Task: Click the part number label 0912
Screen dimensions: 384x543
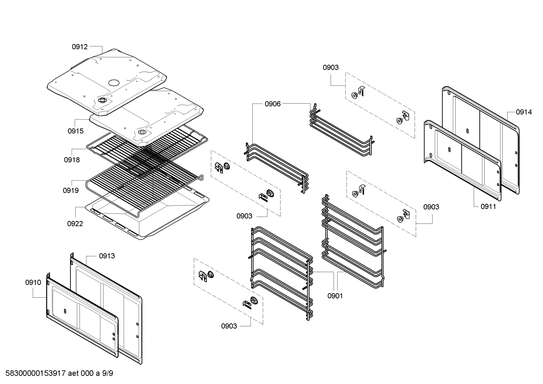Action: point(79,47)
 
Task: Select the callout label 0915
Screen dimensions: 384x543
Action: point(75,131)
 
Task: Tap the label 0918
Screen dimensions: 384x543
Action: point(72,160)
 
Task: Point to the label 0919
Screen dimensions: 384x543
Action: point(70,190)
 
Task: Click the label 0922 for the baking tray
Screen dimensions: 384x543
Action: point(75,223)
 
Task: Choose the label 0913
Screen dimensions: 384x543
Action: point(107,256)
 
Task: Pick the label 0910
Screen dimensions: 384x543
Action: point(33,282)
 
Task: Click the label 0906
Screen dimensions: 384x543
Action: point(272,104)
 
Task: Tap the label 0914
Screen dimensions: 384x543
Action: point(524,112)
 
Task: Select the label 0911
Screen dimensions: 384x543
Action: point(488,207)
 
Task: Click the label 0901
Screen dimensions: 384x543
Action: point(335,296)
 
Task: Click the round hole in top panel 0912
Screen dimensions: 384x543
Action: point(114,82)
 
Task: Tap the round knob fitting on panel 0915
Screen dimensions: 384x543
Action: point(142,132)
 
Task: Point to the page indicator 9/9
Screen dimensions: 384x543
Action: point(108,373)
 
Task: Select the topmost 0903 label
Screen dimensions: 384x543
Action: point(330,67)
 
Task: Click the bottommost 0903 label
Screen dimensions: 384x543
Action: point(229,326)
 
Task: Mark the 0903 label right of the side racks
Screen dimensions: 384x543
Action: point(431,207)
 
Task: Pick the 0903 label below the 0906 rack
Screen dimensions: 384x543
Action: point(244,216)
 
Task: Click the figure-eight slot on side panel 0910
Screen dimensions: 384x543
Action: point(65,311)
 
